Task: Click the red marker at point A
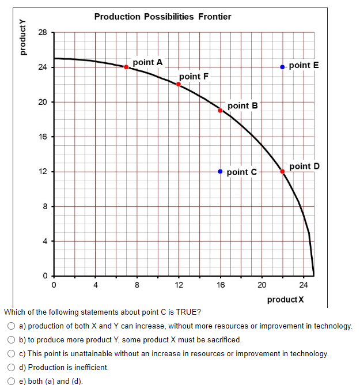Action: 126,67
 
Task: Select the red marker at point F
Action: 179,84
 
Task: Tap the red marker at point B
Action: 220,110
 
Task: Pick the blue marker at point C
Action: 220,171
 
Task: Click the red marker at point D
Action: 282,171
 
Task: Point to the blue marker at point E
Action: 282,67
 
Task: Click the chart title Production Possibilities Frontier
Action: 162,17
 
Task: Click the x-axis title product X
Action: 285,300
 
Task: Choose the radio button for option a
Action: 12,326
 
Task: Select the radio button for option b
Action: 12,340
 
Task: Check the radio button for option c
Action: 12,353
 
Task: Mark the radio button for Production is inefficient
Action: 12,367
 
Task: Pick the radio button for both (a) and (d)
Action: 12,380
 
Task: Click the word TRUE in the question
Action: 188,312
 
